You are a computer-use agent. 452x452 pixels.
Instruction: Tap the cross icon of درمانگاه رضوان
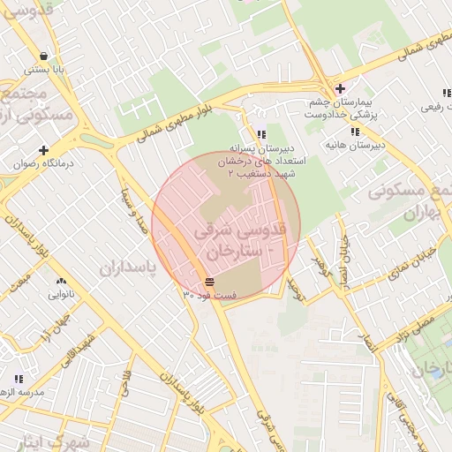[43, 150]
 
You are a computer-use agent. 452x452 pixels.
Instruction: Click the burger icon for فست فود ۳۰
[209, 282]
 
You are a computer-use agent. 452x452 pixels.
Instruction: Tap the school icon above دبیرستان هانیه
[354, 132]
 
